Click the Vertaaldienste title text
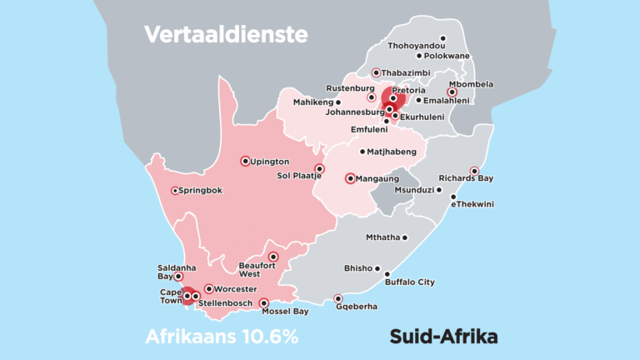226,34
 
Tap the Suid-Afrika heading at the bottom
443,337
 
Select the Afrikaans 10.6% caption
222,337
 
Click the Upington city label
270,161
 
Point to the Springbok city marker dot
175,191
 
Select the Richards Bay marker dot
474,171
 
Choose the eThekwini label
472,204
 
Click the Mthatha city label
382,237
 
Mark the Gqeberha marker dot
337,298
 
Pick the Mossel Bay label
285,312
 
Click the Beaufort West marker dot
272,257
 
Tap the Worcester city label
236,288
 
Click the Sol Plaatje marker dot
319,168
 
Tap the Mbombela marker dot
452,92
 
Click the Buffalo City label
409,282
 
